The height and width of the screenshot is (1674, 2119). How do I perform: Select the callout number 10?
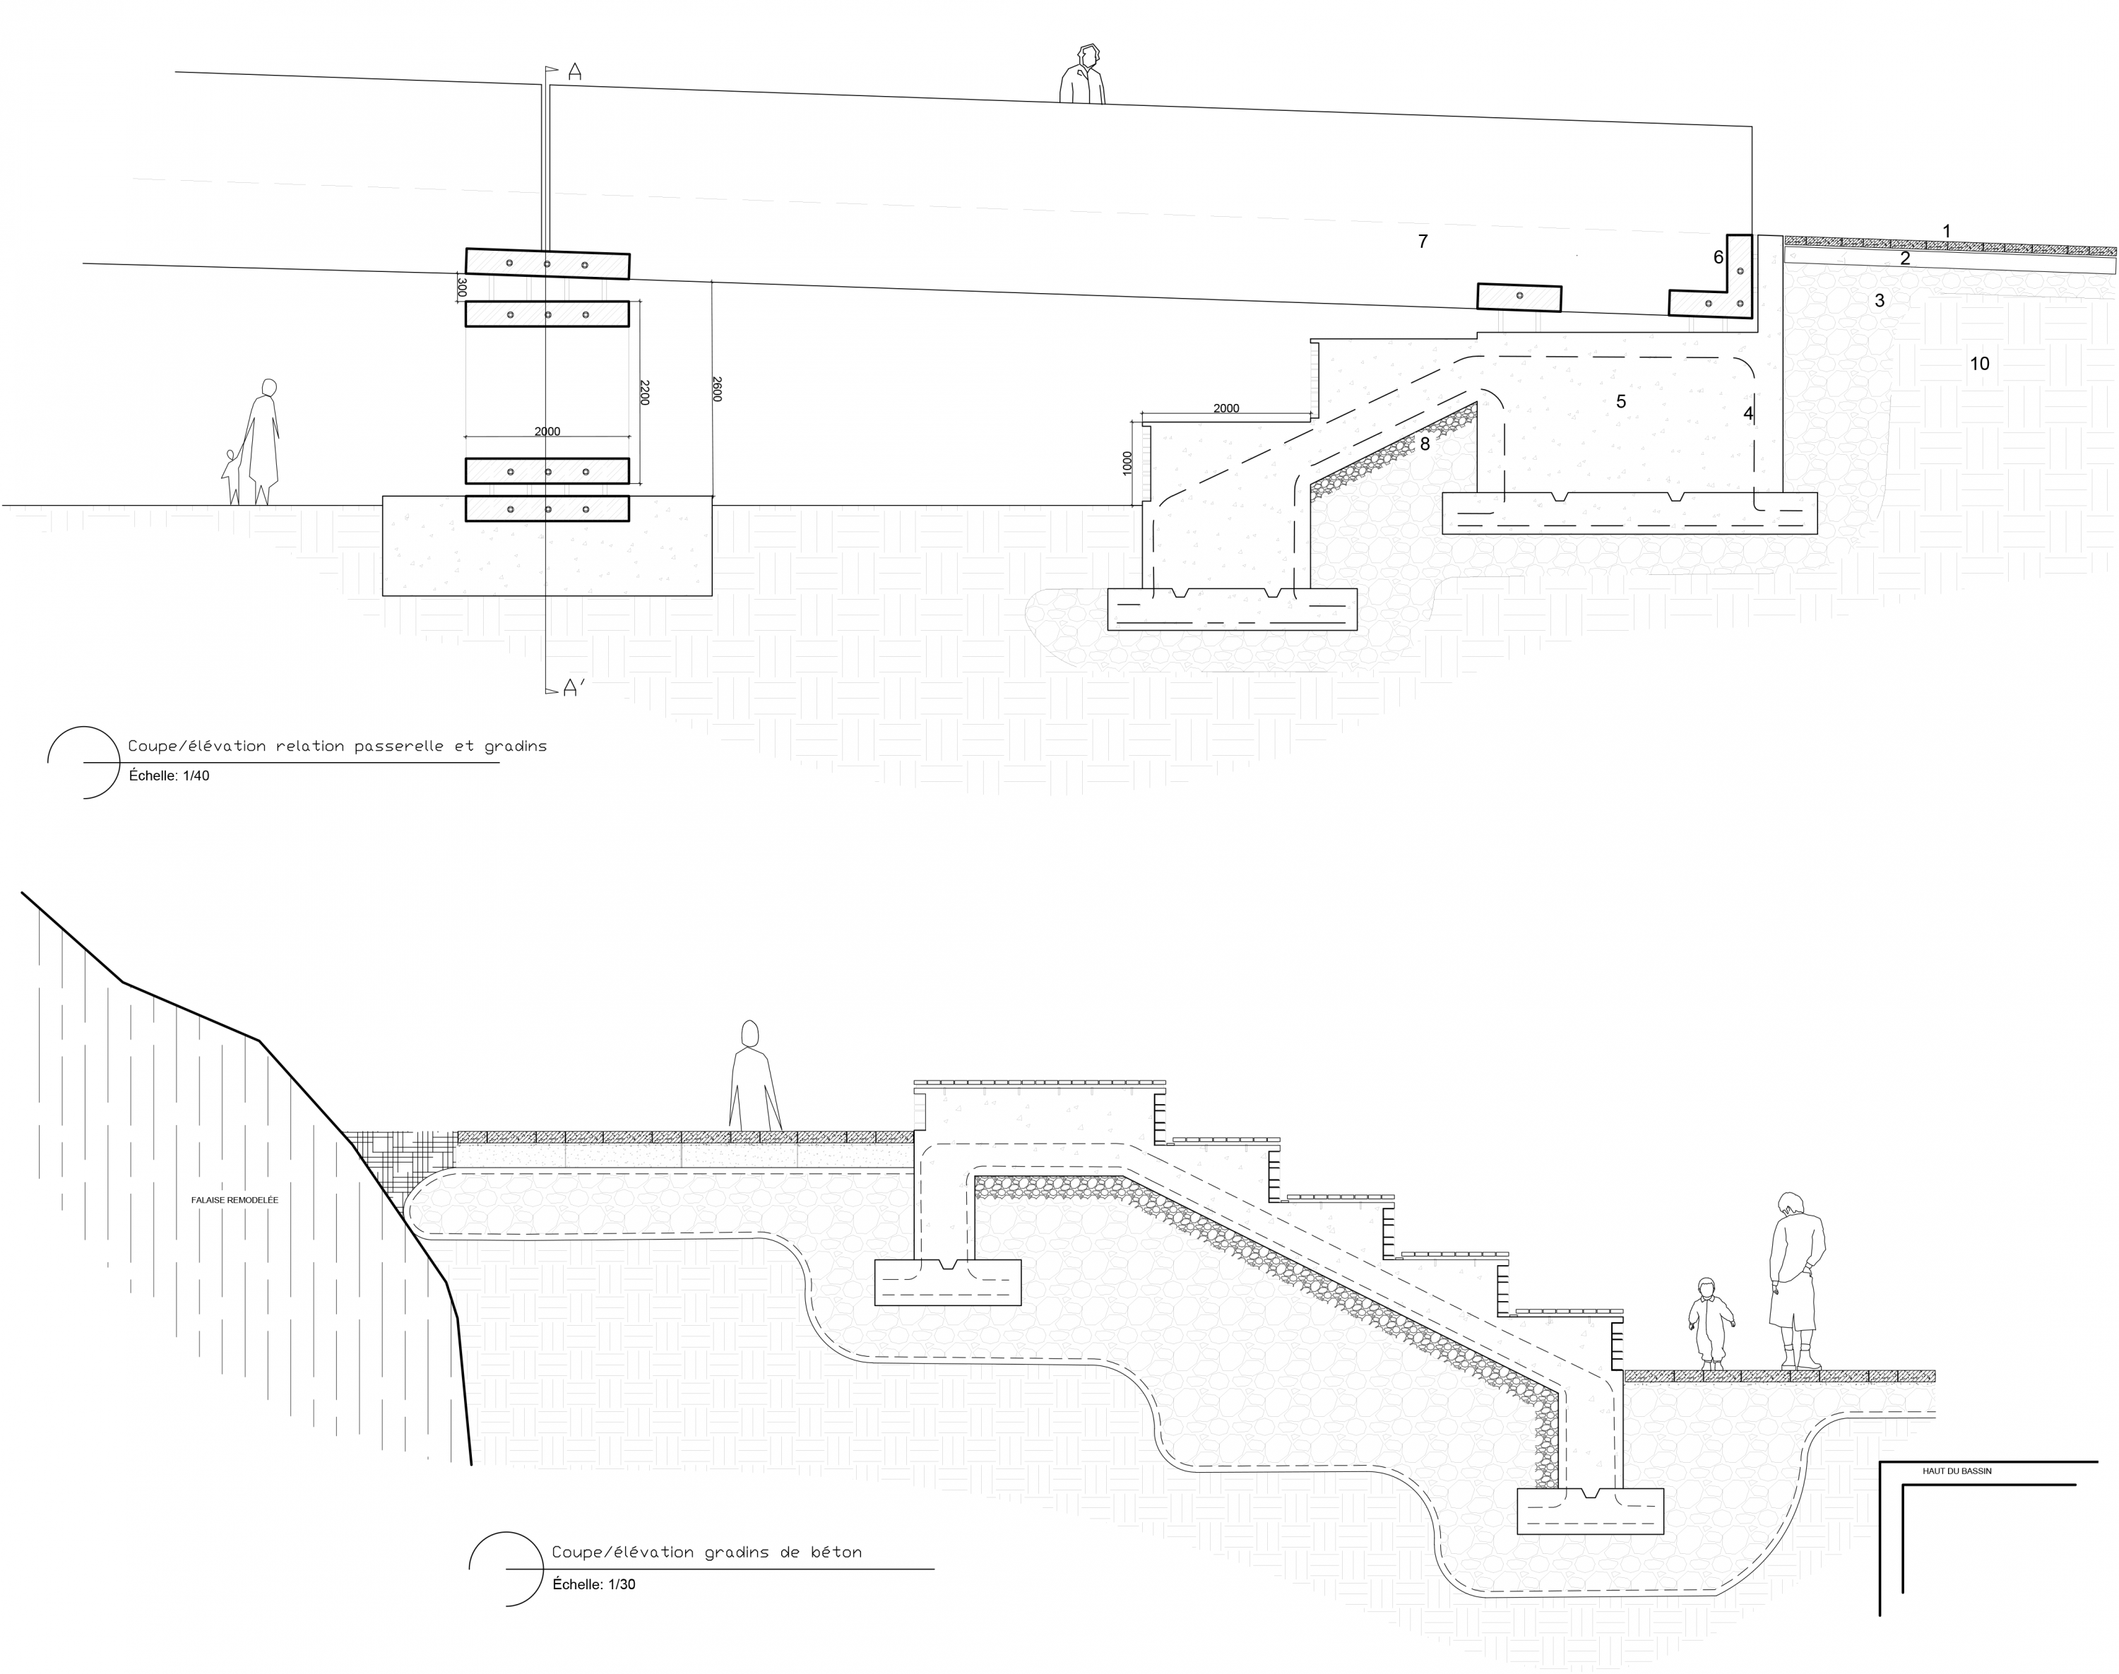click(1980, 364)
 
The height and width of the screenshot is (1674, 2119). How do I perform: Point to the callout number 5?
click(1621, 401)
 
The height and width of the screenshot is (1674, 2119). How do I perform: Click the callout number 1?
click(1947, 231)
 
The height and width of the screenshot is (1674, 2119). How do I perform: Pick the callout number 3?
click(1880, 300)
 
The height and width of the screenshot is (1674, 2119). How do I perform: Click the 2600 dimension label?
click(716, 389)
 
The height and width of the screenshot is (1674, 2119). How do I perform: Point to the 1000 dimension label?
click(1128, 463)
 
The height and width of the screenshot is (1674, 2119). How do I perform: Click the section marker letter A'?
click(574, 689)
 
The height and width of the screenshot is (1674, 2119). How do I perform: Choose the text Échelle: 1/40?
click(170, 776)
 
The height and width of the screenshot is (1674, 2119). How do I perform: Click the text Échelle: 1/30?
click(594, 1584)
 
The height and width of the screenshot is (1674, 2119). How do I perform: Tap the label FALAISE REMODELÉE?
click(235, 1199)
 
